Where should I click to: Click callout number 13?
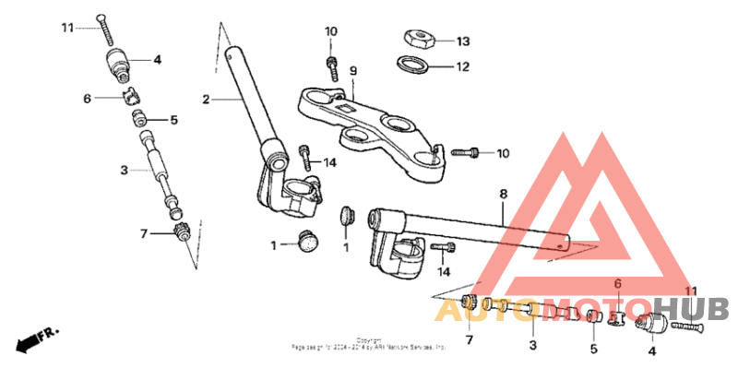tap(463, 42)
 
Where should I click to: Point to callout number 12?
tap(463, 66)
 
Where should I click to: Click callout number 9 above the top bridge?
tap(352, 71)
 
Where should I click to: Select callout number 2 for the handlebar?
tap(207, 98)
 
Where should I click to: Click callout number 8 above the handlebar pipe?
tap(504, 195)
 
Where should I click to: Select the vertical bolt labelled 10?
tap(330, 65)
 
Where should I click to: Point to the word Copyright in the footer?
tap(369, 339)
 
